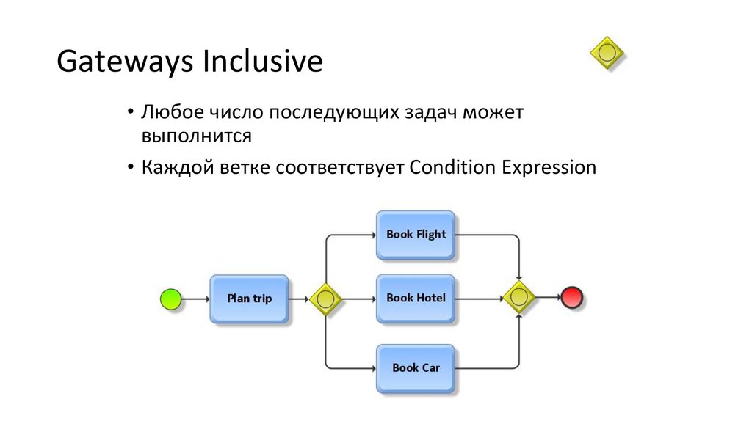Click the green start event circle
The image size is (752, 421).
[170, 299]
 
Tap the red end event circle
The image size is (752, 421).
[571, 298]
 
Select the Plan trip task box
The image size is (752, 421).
[249, 299]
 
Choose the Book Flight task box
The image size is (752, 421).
[416, 235]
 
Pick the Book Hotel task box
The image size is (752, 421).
[416, 298]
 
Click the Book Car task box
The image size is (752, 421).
[416, 367]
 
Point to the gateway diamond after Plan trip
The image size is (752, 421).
[325, 299]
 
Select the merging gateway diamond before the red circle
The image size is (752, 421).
[519, 298]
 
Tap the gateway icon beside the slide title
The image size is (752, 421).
[607, 53]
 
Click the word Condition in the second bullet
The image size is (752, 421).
[452, 167]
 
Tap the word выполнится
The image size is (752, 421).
[198, 136]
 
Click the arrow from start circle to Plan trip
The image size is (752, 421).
[195, 299]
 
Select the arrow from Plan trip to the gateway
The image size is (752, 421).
[298, 299]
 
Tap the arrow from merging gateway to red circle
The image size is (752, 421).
[548, 298]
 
